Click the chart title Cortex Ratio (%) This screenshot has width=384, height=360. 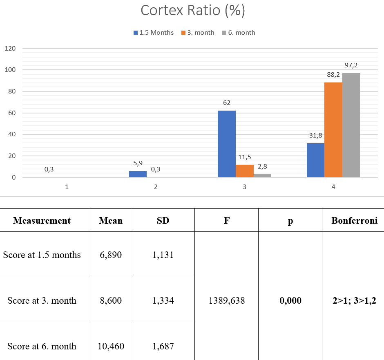[x=193, y=11]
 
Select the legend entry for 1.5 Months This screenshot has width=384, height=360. [x=154, y=33]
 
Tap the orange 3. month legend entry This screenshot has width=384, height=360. [x=198, y=33]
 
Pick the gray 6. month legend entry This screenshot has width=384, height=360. [x=239, y=33]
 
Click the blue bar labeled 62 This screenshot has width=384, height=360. [x=227, y=144]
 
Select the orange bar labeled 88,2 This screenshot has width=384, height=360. [x=333, y=130]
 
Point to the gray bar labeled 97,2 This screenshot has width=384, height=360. [x=351, y=125]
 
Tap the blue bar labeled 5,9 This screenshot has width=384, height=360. [x=138, y=174]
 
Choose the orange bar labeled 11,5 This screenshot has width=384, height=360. [x=245, y=171]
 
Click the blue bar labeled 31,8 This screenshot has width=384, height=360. [x=315, y=160]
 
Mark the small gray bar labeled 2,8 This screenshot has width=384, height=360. [x=262, y=176]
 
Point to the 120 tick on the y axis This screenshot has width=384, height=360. [x=10, y=49]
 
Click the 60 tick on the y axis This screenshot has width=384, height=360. [x=12, y=113]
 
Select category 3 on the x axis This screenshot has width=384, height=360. [x=244, y=187]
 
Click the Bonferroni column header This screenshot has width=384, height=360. [x=354, y=220]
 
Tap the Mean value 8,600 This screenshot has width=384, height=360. [x=111, y=300]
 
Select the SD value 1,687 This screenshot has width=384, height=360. [x=163, y=346]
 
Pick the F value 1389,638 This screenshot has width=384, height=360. [x=227, y=300]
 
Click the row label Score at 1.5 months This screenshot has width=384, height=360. [x=42, y=255]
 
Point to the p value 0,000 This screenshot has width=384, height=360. [x=290, y=300]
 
